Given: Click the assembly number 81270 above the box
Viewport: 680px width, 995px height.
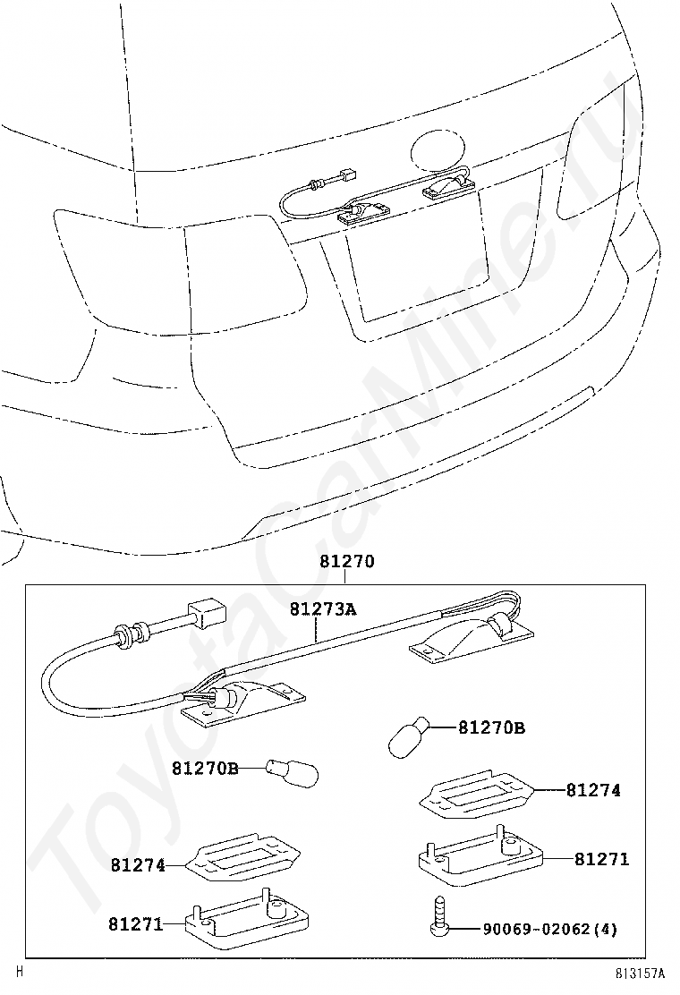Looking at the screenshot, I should [346, 563].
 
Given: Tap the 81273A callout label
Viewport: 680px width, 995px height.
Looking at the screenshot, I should [322, 610].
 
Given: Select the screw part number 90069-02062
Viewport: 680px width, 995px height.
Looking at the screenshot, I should [538, 930].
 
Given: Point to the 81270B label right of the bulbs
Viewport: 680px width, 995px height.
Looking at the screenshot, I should [491, 728].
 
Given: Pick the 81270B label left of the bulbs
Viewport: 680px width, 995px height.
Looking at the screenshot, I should [205, 769].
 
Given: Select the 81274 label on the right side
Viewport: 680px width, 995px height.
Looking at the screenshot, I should [592, 790].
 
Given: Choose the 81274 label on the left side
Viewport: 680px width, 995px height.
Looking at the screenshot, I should [138, 865].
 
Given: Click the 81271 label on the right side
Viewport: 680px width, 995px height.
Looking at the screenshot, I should [601, 859].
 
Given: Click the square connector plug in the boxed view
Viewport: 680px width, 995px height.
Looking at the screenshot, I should [207, 615].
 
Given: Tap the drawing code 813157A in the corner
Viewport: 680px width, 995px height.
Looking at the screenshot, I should [642, 973].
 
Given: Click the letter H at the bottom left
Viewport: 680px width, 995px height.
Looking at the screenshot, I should [20, 970].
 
